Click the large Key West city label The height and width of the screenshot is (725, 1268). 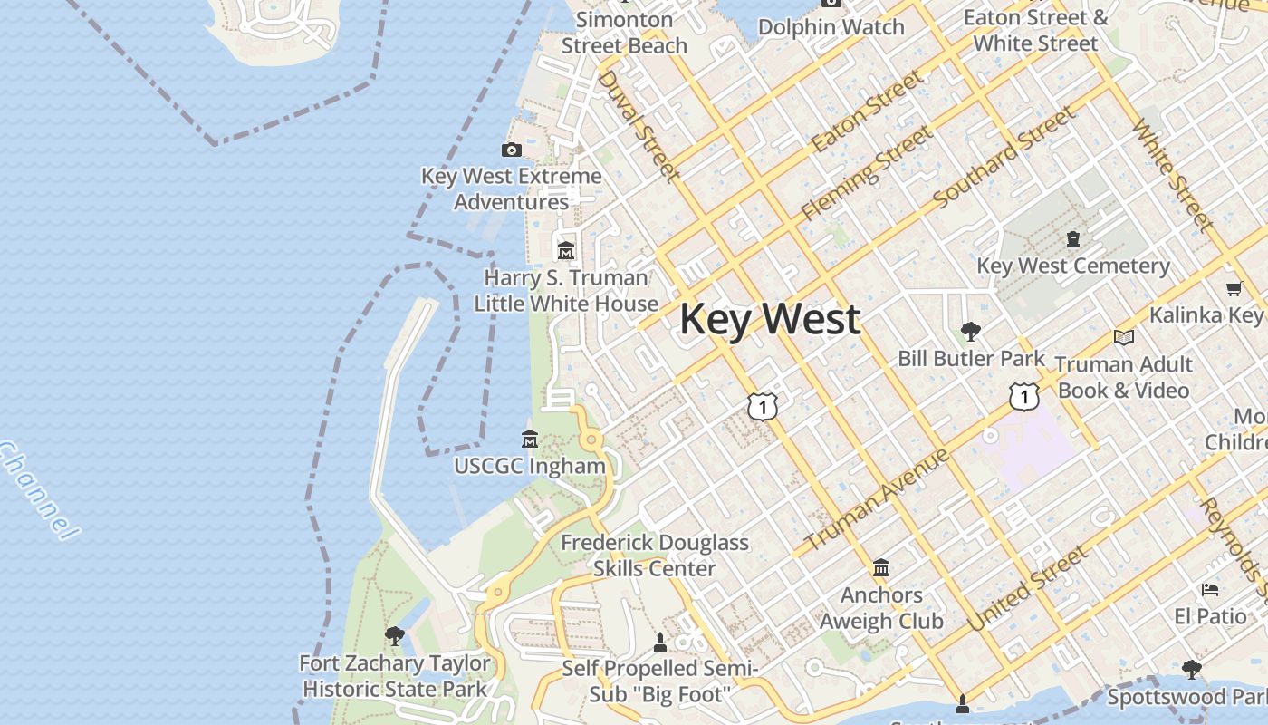[770, 320]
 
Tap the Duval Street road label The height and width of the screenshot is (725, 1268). [638, 126]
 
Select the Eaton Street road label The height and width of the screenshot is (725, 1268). [867, 111]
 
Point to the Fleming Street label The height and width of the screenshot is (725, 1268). [867, 173]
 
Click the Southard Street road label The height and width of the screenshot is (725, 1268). [1004, 157]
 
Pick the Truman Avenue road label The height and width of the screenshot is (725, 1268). [877, 498]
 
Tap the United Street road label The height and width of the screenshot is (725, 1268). [1027, 589]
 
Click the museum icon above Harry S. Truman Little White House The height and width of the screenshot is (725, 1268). [566, 250]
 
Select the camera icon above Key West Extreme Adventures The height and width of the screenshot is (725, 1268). [512, 150]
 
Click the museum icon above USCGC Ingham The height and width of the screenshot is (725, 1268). [530, 440]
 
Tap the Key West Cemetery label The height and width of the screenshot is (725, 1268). [1073, 266]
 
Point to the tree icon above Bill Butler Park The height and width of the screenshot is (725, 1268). [970, 331]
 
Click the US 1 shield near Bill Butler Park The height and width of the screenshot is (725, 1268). [1023, 396]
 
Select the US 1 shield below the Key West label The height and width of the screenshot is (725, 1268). [763, 407]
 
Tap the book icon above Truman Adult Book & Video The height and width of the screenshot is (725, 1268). [1123, 337]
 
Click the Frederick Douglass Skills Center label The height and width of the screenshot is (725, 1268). [655, 556]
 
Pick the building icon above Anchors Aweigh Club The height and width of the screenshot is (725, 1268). [881, 568]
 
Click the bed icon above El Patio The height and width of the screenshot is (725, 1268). [1210, 590]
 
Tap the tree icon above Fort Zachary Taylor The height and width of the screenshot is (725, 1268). [394, 635]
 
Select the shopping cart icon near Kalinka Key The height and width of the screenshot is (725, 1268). [1234, 288]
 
